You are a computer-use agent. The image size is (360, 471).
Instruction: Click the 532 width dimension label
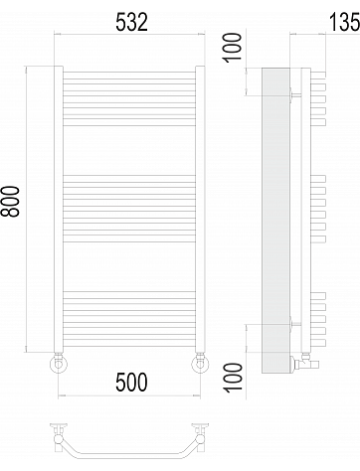coord(131,23)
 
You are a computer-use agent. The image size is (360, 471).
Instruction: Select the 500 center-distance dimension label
coord(131,382)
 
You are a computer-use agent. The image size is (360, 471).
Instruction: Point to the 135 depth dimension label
coord(345,23)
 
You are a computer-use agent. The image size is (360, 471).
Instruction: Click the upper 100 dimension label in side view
coord(233,47)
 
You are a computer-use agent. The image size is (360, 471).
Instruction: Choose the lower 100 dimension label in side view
coord(234,378)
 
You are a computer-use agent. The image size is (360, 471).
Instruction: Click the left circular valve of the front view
coord(59,364)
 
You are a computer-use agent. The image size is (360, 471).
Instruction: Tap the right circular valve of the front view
coord(200,364)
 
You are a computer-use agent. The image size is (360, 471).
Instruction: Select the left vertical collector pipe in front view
coord(59,210)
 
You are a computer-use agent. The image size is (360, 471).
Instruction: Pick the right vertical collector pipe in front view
coord(200,210)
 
